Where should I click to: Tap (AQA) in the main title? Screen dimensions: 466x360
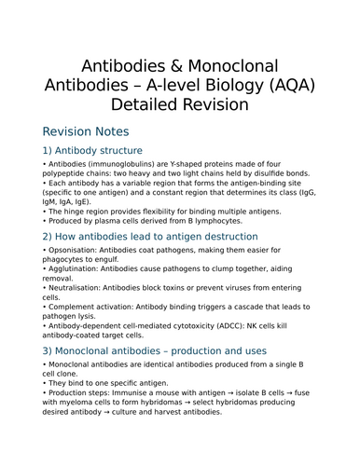click(309, 84)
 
